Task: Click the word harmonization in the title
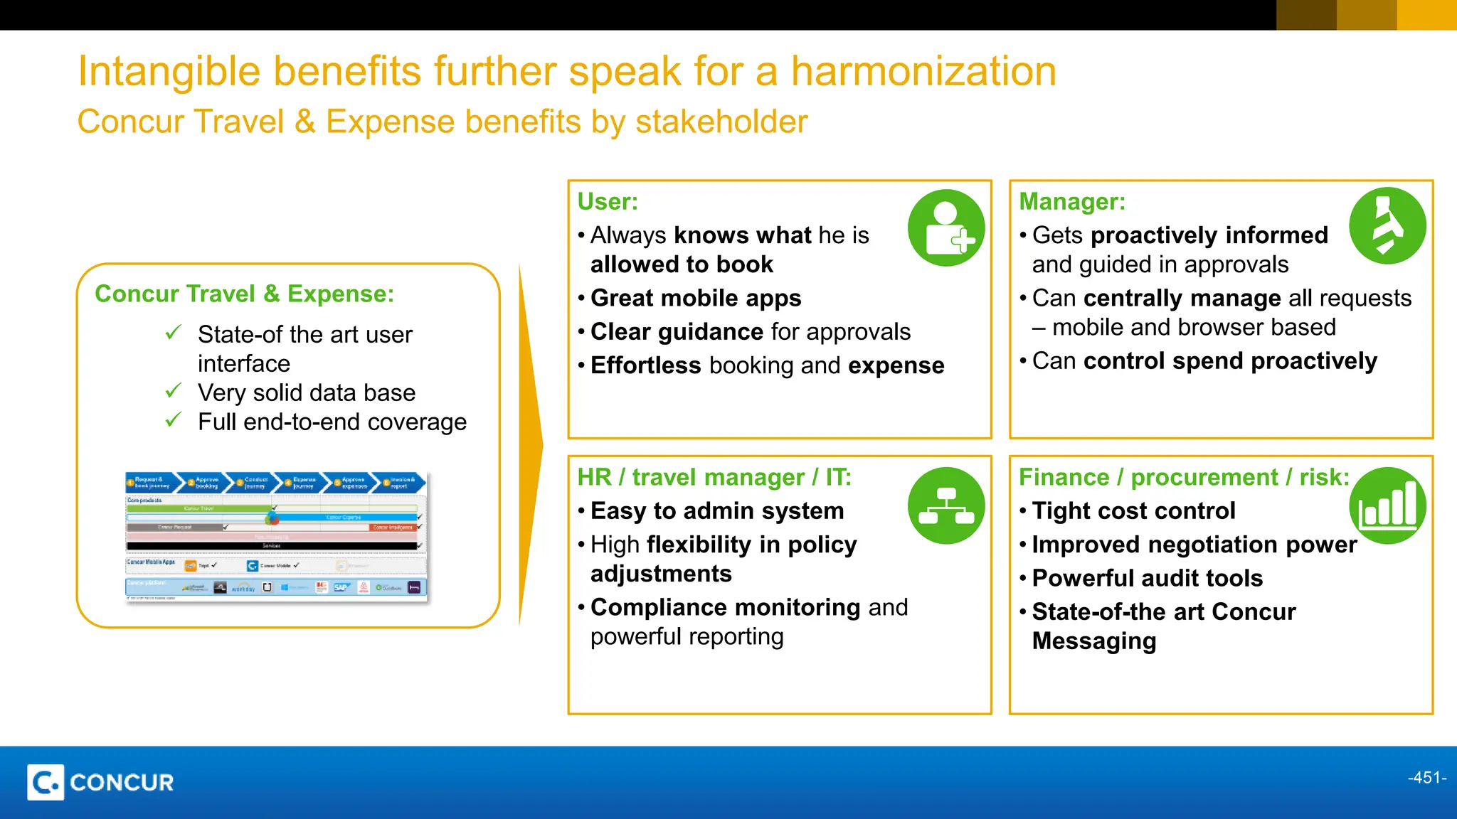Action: [923, 72]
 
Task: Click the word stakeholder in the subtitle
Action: [721, 122]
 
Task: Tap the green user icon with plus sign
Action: [946, 228]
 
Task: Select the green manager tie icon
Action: [1387, 226]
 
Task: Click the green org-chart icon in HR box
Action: [946, 505]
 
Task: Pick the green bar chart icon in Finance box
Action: [1387, 505]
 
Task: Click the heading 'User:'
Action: [608, 202]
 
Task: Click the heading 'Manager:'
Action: [1072, 202]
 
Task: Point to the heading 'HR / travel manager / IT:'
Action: [714, 477]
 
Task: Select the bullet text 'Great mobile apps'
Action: [696, 298]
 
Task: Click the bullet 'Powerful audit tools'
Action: [1147, 578]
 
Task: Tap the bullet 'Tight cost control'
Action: [1133, 510]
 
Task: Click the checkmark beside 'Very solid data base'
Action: [173, 391]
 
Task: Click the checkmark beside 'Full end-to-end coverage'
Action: [173, 420]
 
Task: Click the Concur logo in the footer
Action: [100, 782]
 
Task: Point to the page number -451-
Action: [1426, 778]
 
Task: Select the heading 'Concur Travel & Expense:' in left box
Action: [244, 294]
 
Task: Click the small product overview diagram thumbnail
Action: [276, 537]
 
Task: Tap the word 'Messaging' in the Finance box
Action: [1093, 641]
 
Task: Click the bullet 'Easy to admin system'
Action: [717, 510]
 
